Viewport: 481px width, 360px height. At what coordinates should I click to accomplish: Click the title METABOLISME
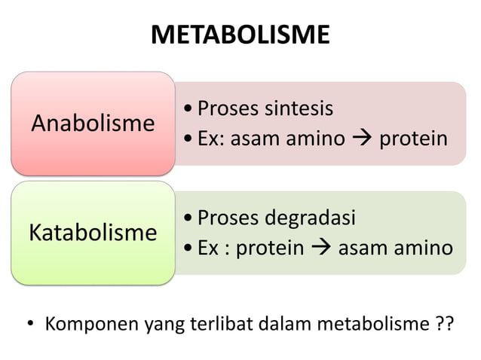240,35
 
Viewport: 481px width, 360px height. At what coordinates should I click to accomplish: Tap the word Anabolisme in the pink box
93,123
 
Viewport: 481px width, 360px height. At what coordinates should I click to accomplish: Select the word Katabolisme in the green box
93,232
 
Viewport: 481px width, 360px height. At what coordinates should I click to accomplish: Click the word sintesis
298,108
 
